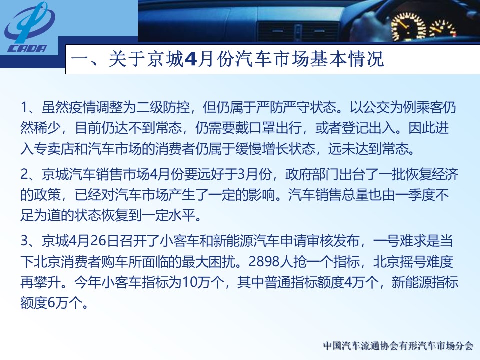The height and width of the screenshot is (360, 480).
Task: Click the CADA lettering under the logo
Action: [x=27, y=48]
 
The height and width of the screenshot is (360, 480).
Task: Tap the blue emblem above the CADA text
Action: [x=29, y=23]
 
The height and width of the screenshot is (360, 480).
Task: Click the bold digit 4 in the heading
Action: [x=190, y=59]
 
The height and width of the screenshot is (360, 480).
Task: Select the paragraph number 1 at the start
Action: [x=24, y=108]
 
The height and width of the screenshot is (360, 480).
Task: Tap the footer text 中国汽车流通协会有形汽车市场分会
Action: [x=398, y=346]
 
